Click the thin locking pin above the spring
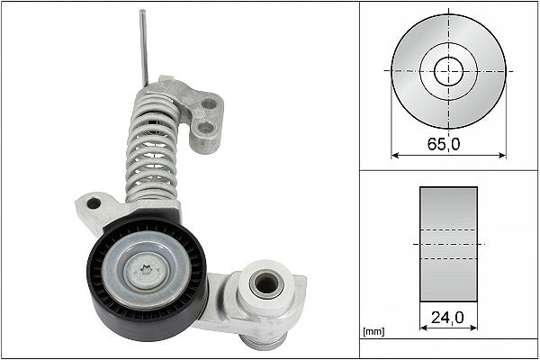point(143,45)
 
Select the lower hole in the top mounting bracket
point(206,127)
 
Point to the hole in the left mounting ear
point(94,203)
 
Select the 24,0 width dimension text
point(448,318)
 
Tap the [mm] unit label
point(372,332)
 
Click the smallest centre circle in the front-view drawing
point(448,70)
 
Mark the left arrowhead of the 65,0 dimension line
point(394,155)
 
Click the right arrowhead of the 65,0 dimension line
point(503,155)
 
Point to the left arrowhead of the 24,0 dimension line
point(423,328)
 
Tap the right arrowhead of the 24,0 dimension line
point(474,328)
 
